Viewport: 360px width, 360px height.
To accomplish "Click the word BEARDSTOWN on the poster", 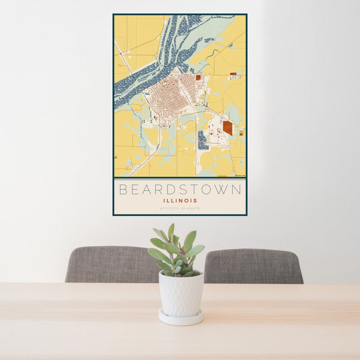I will tap(180, 190).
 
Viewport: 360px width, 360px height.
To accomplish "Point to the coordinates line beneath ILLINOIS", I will tap(180, 209).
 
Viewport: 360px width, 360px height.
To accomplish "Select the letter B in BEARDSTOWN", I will tap(123, 190).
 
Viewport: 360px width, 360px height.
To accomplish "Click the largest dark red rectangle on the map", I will tap(227, 127).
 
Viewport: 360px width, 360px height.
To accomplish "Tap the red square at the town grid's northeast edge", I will tap(198, 77).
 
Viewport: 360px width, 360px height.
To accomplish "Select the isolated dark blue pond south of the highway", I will tap(203, 141).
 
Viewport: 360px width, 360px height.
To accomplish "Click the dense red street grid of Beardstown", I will tap(171, 96).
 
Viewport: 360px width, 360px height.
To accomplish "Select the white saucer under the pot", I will tap(181, 317).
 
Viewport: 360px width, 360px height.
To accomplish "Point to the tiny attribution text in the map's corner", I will tap(238, 175).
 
